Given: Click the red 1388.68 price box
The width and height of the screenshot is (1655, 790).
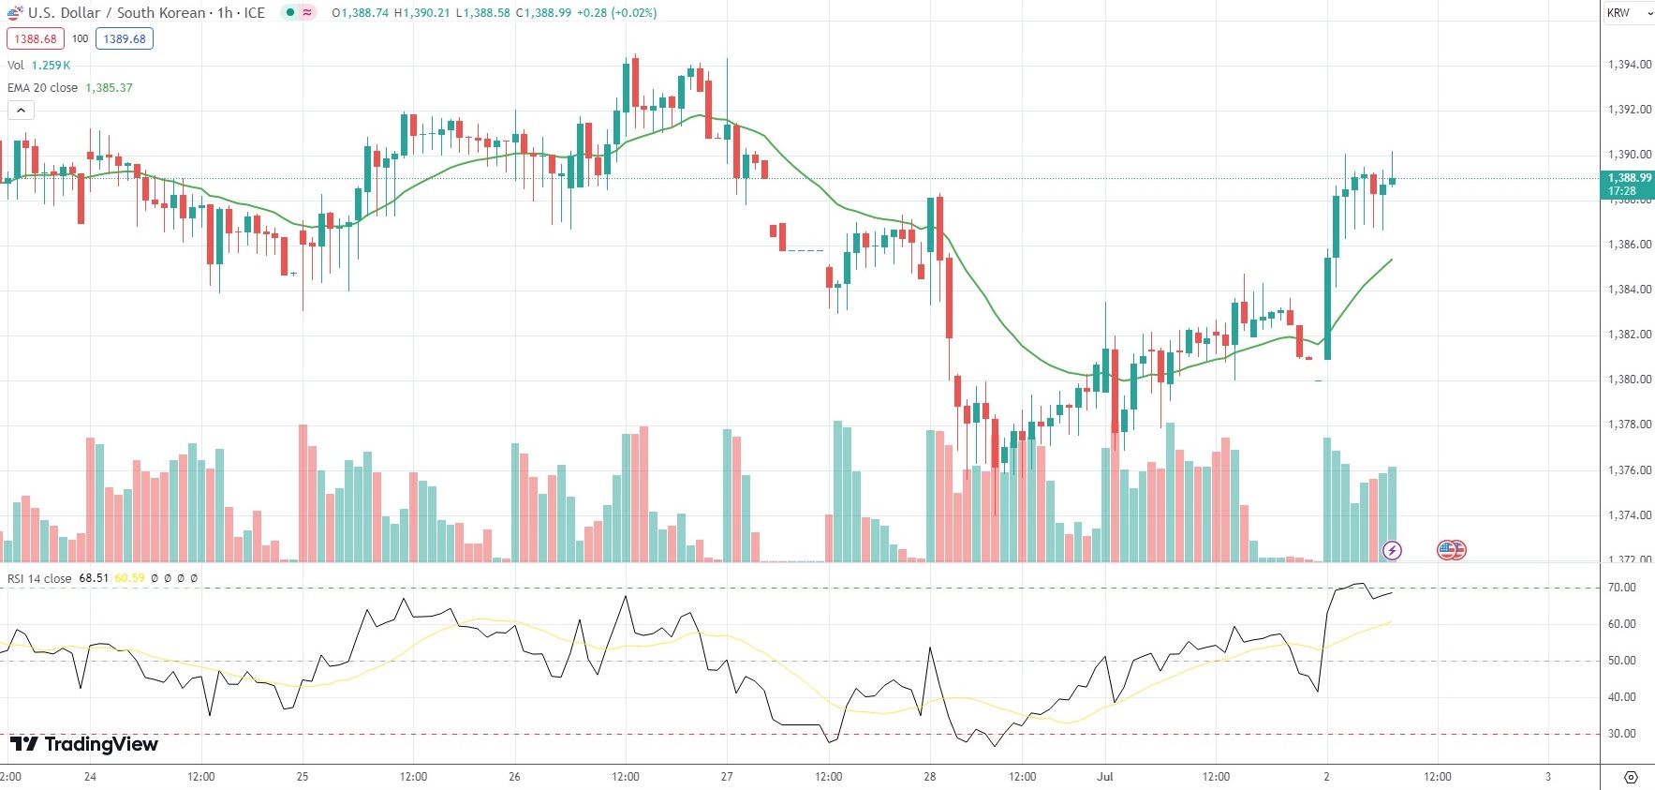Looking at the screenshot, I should coord(35,39).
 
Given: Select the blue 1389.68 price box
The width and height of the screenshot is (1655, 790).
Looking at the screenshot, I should coord(124,39).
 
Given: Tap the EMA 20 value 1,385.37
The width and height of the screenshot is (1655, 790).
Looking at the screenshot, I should coord(109,88).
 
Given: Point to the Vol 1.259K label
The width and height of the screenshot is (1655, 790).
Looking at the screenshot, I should coord(38,66).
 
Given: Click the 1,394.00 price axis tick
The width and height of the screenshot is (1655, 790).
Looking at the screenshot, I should coord(1629,65).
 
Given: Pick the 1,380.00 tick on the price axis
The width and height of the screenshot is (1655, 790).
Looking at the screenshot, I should coord(1629,380).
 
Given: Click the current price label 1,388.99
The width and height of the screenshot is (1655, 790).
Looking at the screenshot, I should coord(1629,178).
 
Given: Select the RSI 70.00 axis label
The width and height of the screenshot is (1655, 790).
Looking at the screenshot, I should coord(1621,588).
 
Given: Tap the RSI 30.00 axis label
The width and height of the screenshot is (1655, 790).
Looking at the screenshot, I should coord(1621,734).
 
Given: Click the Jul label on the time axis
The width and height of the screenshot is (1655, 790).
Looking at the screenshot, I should coord(1105,777).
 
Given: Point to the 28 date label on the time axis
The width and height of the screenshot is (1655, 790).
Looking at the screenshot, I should coord(929,777).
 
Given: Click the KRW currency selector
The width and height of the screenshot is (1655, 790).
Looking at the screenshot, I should coord(1624,13).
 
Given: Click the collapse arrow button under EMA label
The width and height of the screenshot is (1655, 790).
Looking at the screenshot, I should coord(21,111).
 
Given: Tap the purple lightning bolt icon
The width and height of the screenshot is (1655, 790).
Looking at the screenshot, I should coord(1392,550).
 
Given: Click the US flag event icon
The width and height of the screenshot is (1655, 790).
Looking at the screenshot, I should coord(1451,550).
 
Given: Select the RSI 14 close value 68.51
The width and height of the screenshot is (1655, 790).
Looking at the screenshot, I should coord(94,578).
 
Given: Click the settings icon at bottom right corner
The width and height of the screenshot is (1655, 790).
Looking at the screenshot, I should coord(1631,777).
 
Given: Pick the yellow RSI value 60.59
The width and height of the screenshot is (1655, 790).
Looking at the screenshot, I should coord(129,578).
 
